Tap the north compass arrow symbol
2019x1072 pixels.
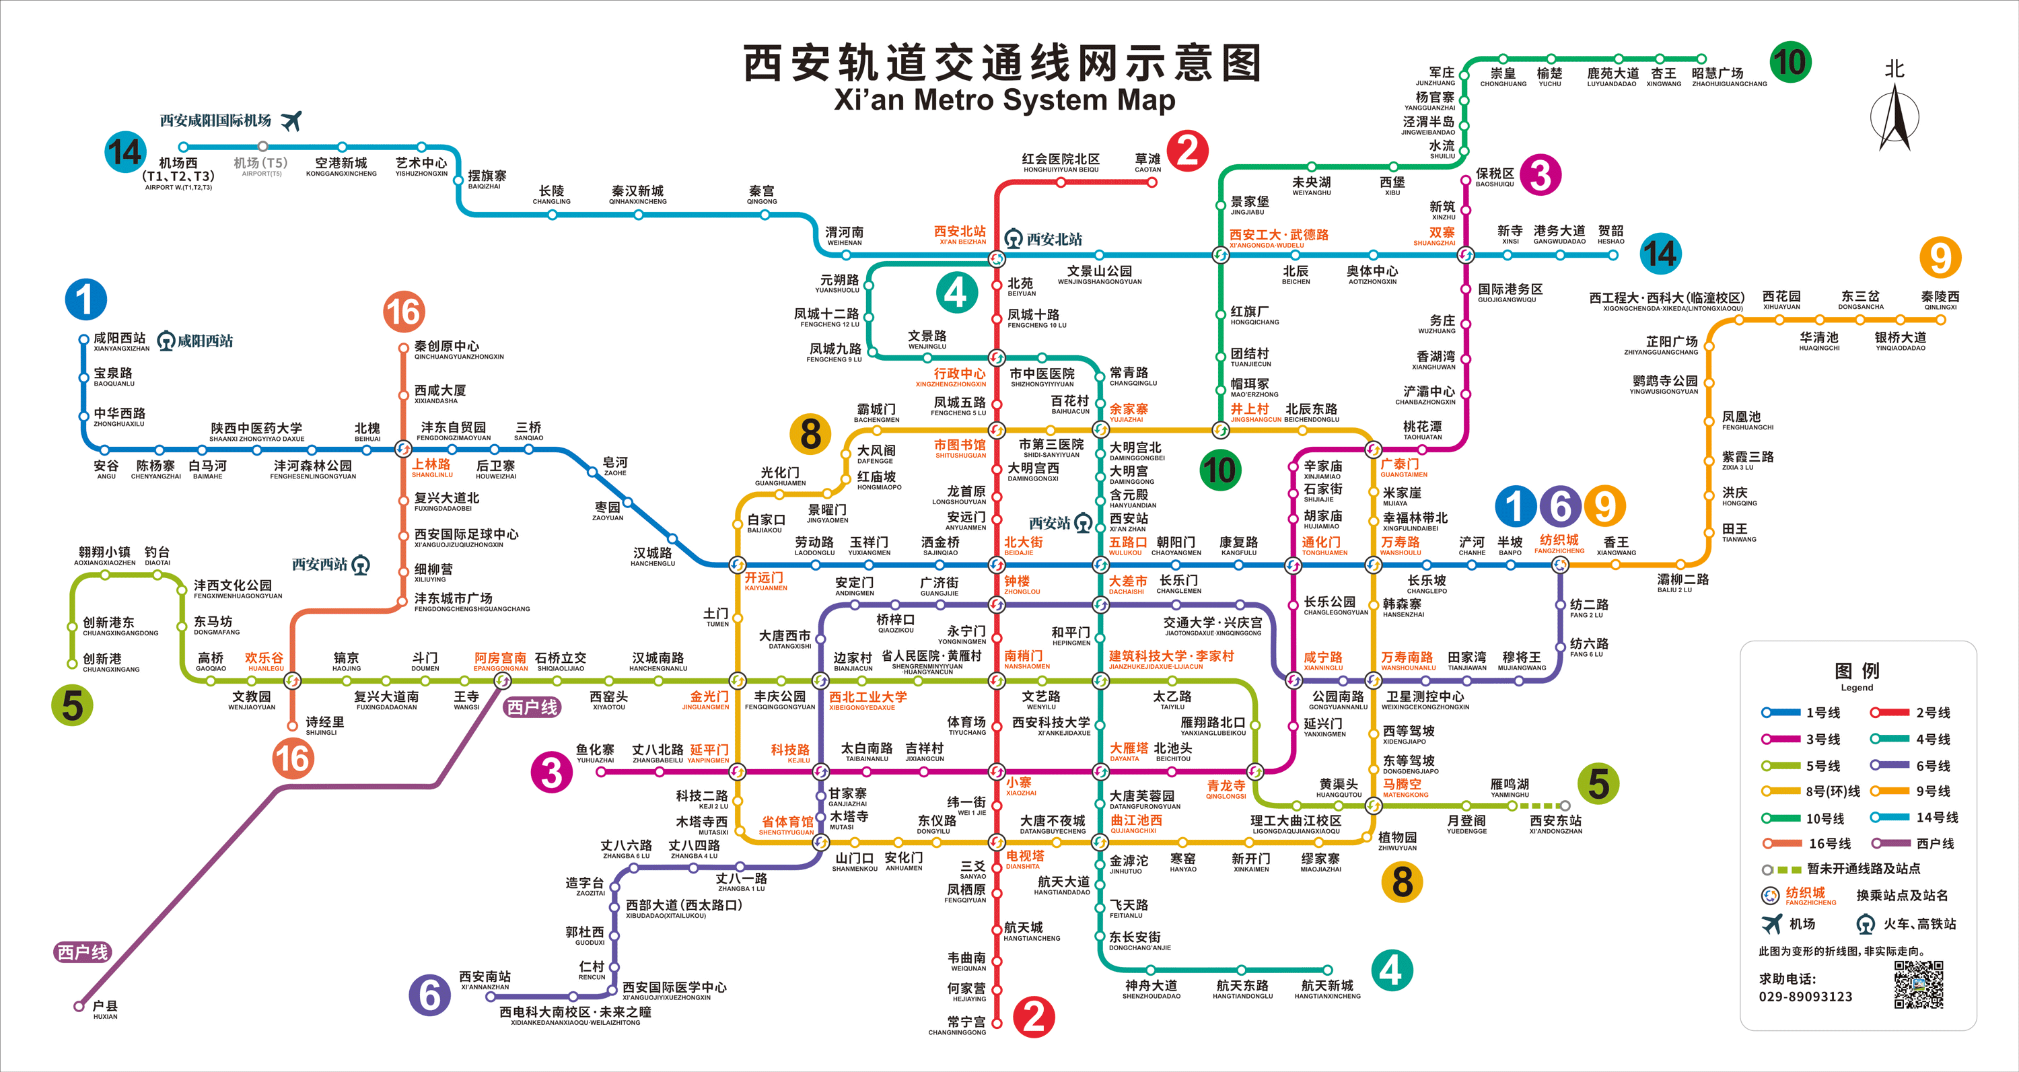(x=1894, y=118)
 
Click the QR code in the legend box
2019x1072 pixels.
(x=1919, y=985)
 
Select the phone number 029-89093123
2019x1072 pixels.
(x=1805, y=997)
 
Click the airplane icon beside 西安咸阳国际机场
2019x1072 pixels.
(x=291, y=120)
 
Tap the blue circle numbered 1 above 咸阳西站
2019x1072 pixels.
(x=85, y=299)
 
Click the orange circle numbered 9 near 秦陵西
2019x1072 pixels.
(x=1940, y=257)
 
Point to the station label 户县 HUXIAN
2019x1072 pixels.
(x=105, y=1009)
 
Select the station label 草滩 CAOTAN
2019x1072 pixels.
(x=1147, y=162)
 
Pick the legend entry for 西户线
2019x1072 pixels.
(x=1934, y=844)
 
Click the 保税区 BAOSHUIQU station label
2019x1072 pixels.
(x=1495, y=177)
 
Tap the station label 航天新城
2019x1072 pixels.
(x=1327, y=989)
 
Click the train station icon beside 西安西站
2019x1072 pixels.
(x=361, y=565)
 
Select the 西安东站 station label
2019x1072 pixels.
(x=1556, y=824)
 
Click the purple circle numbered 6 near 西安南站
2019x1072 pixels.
(x=429, y=995)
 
